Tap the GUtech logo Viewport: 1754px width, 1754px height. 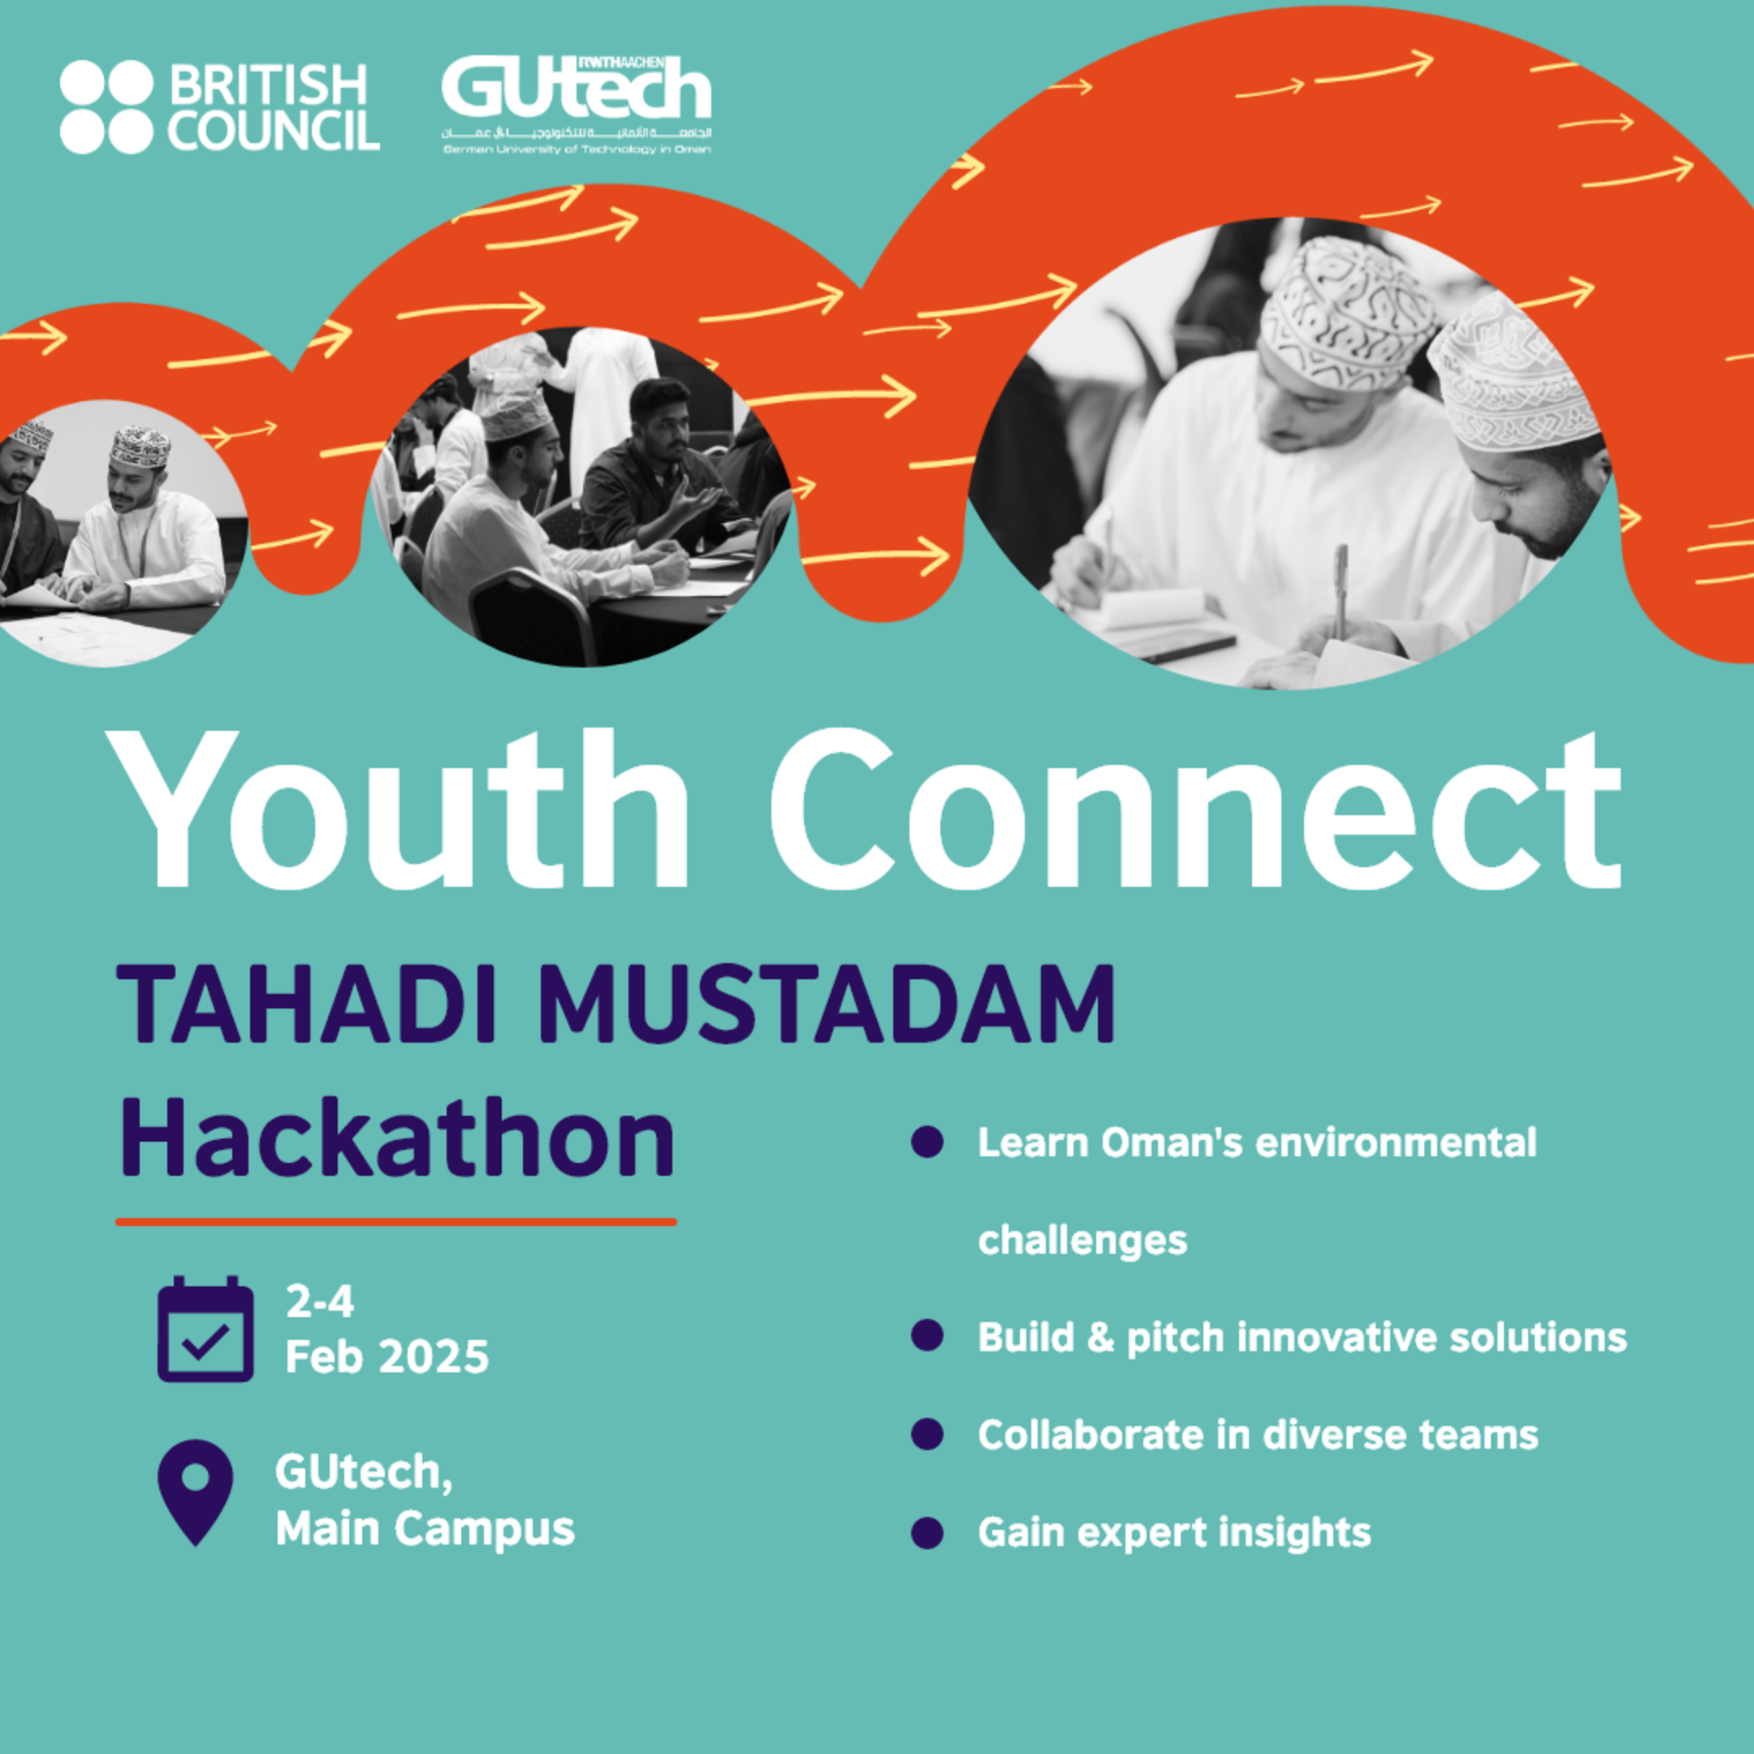[577, 102]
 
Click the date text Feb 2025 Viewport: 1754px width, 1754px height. [387, 1357]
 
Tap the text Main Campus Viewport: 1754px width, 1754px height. [425, 1529]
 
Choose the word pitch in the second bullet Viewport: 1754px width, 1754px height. [1175, 1338]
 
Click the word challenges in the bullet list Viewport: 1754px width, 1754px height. [1082, 1240]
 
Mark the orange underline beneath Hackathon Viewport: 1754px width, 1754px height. [395, 1222]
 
